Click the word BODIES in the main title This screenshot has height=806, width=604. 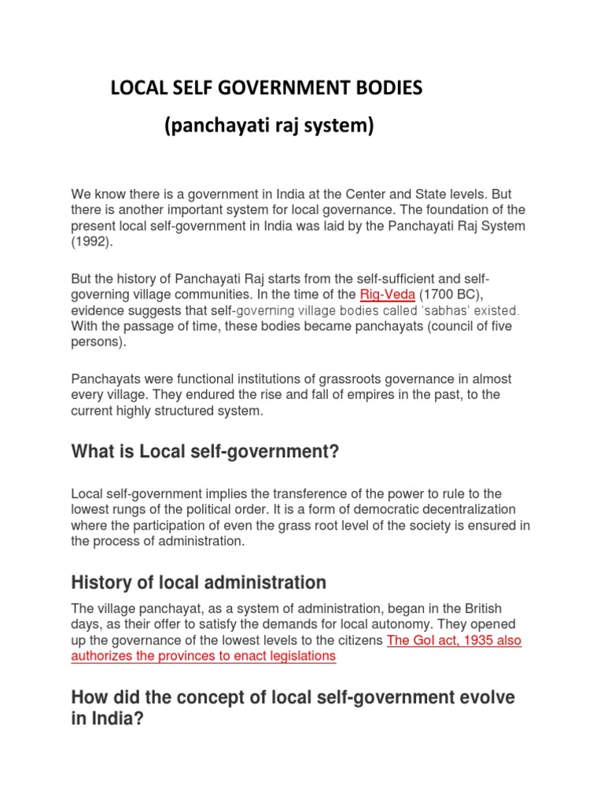tap(384, 88)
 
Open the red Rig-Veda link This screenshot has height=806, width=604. tap(387, 294)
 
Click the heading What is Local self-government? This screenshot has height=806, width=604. tap(204, 451)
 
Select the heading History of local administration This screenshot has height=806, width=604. tap(198, 582)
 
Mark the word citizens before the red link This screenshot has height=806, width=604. tap(359, 640)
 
